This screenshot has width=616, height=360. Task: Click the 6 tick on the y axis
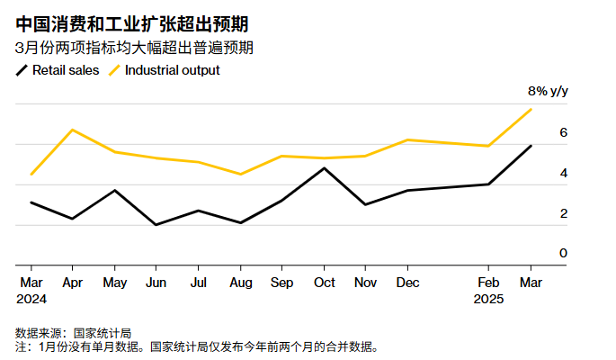563,132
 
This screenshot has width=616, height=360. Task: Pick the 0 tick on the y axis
563,253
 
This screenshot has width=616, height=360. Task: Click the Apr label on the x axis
72,282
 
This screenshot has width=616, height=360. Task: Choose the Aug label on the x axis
240,282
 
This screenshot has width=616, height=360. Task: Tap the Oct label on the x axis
324,282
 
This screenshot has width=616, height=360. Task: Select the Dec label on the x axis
407,282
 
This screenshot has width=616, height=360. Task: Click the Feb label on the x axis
488,282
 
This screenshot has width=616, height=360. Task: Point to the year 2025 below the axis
489,299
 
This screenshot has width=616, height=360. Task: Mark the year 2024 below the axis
31,299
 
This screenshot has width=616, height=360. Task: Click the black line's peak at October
324,168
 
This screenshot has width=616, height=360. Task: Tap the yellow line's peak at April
72,130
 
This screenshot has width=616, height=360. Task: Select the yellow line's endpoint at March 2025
531,109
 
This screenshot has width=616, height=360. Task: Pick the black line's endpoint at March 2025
531,146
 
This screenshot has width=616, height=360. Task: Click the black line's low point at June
156,225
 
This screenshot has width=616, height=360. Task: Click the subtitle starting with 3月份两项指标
134,48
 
